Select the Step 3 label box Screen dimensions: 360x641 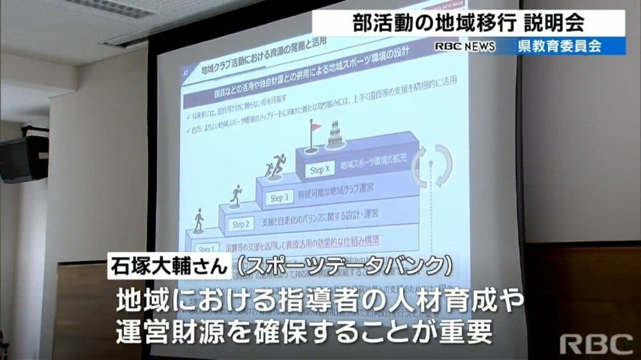[x=279, y=198]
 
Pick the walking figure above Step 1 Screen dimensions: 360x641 [x=199, y=221]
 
